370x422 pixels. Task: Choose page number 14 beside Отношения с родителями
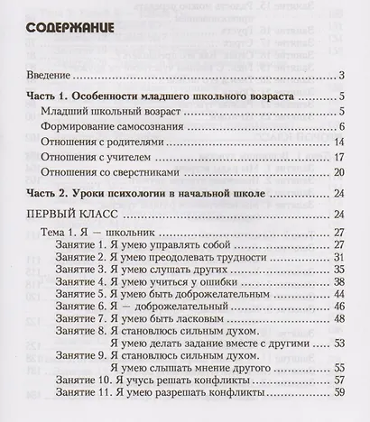339,142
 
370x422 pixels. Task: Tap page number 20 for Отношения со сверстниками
339,172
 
